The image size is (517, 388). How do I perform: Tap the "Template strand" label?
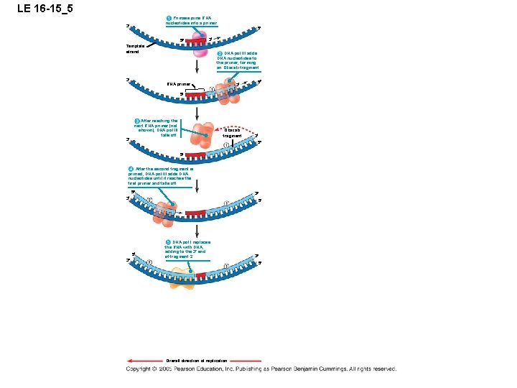click(x=134, y=49)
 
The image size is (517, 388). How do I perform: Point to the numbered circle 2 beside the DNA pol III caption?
click(x=219, y=53)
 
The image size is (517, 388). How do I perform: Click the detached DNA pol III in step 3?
click(x=206, y=137)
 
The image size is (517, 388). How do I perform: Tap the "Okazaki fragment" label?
click(x=232, y=133)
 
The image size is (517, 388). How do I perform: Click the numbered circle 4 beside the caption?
click(x=131, y=169)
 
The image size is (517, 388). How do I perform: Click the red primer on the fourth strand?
click(x=196, y=213)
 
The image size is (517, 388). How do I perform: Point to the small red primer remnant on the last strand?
click(x=201, y=275)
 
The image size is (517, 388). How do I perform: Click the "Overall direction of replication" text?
click(x=196, y=361)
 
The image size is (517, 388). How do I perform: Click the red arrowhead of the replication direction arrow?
click(x=130, y=361)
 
